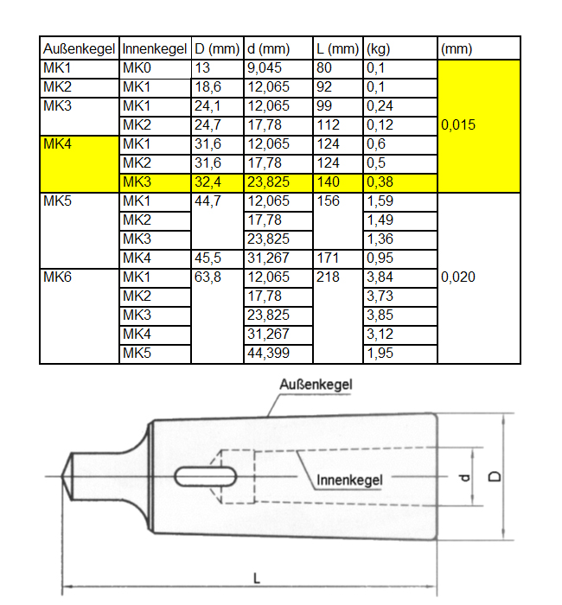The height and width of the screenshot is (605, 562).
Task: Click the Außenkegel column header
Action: (79, 49)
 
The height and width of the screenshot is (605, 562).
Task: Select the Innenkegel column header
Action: (154, 49)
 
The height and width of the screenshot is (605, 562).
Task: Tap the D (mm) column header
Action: (215, 49)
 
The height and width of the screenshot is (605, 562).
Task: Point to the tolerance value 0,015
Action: (459, 125)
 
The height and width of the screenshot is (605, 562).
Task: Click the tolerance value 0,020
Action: (459, 277)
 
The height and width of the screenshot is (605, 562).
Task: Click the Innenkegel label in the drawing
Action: (349, 478)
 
